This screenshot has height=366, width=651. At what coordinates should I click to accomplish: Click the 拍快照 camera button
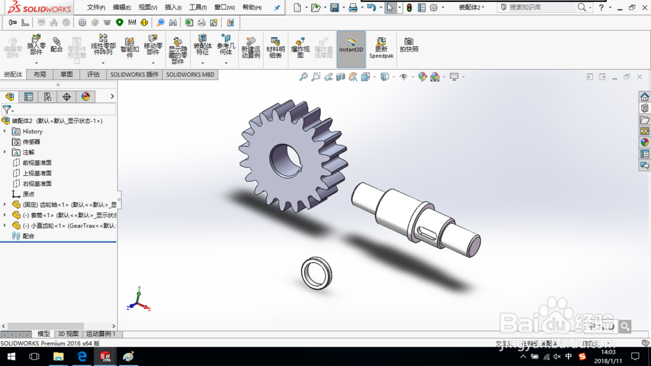click(x=409, y=45)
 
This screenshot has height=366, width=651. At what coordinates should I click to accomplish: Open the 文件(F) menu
click(x=96, y=8)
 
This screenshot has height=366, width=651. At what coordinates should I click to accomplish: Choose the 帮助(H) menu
click(x=251, y=8)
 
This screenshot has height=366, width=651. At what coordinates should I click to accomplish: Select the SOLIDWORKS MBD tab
click(x=189, y=75)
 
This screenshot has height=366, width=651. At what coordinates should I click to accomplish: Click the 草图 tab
click(x=66, y=75)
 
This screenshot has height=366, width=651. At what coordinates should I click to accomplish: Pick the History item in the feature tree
click(x=32, y=132)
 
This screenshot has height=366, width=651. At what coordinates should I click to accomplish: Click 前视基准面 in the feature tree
click(x=36, y=163)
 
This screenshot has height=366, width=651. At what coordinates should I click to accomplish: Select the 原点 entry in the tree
click(x=28, y=194)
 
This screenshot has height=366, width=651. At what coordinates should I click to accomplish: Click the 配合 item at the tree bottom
click(x=28, y=236)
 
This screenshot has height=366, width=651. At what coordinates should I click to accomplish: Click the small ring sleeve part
click(x=317, y=272)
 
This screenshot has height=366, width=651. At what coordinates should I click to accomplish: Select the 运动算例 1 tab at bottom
click(x=100, y=334)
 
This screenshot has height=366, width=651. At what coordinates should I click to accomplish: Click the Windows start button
click(x=11, y=357)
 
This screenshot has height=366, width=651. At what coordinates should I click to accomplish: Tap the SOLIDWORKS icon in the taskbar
click(x=105, y=357)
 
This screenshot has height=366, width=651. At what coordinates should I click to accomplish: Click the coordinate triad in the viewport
click(x=137, y=301)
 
